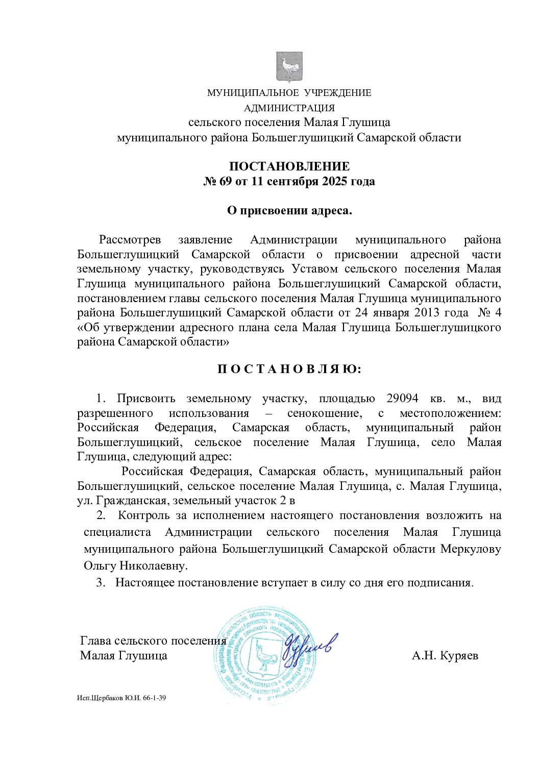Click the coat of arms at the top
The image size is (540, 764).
coord(289,67)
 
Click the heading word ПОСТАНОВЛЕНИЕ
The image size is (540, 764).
coord(289,166)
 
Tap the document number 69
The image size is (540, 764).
coord(226,182)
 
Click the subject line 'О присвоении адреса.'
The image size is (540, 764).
coord(289,211)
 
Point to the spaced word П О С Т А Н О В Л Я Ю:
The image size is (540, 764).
coord(289,369)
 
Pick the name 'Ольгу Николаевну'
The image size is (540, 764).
coord(135,566)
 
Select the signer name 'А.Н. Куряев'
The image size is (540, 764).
coord(445,656)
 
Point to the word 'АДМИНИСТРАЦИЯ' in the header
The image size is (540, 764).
coord(289,108)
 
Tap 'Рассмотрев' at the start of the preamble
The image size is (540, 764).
coord(130,240)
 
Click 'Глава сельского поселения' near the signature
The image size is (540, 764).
coord(153,641)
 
